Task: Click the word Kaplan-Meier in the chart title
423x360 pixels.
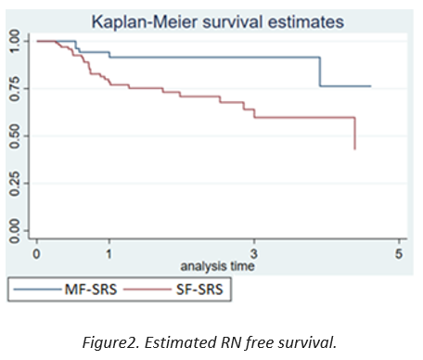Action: point(145,22)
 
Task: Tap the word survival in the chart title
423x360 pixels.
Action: point(233,22)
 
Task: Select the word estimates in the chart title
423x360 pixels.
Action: point(306,22)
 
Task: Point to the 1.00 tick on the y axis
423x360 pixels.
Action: point(15,41)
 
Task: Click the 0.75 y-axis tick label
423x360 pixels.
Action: point(15,89)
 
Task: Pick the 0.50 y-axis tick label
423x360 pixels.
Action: point(15,136)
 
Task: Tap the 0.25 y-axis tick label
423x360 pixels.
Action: point(15,184)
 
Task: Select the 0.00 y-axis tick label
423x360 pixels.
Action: point(15,231)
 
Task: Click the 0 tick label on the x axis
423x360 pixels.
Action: point(36,254)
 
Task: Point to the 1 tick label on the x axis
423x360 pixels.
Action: point(109,254)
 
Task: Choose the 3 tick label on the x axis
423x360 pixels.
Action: point(254,254)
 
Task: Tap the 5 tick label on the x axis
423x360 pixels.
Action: point(399,254)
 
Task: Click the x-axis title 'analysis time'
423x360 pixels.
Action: point(217,266)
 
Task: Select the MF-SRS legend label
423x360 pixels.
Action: point(91,289)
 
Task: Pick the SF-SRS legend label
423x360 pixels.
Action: point(199,289)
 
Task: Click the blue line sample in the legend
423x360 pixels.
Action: point(38,289)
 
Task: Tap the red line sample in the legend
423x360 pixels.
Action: point(147,289)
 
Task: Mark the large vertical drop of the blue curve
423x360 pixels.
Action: point(320,71)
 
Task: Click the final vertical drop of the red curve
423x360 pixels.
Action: point(355,134)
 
